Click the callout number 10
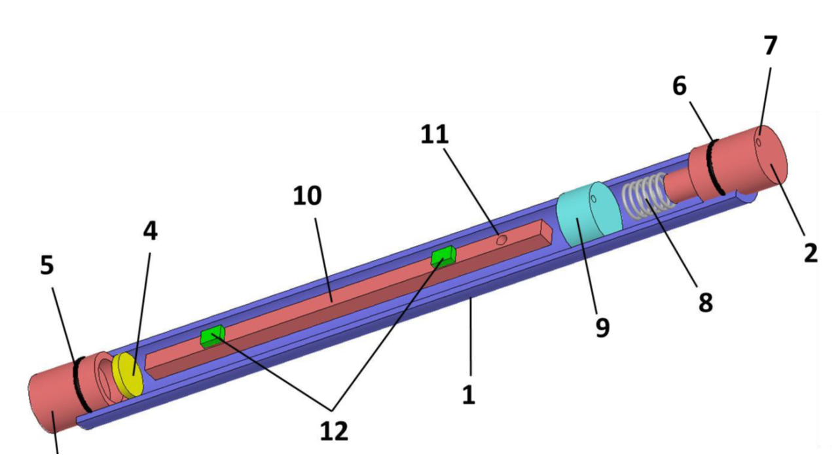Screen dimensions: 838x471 (307, 196)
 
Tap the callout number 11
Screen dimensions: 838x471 (435, 135)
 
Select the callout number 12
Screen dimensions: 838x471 (334, 430)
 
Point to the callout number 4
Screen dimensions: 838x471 (150, 231)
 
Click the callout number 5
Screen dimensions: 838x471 (47, 266)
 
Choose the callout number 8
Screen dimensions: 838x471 (706, 302)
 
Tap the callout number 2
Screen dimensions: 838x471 (811, 253)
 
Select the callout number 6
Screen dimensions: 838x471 (680, 86)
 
